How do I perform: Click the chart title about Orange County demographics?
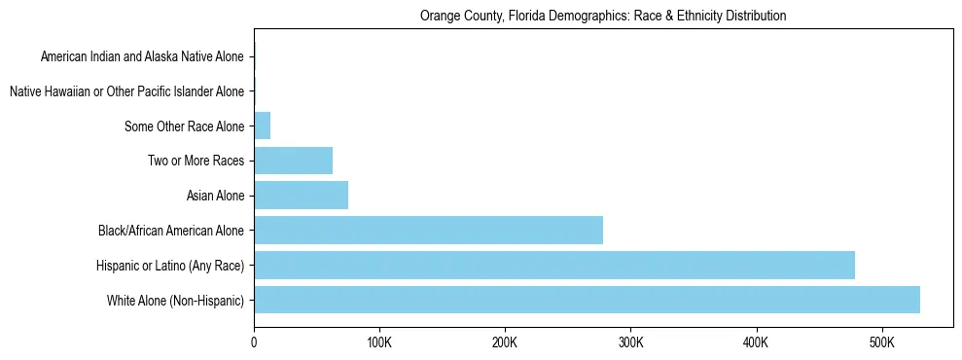602,16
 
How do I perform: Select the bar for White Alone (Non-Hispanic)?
587,300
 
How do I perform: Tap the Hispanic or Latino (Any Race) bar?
554,265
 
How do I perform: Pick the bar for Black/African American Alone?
428,231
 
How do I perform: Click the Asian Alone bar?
301,196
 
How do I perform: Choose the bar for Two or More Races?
293,161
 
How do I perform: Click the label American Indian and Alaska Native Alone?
142,56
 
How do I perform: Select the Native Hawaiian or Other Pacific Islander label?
126,91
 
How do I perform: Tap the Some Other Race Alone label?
184,126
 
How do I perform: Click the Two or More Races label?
196,161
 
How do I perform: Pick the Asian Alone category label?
215,196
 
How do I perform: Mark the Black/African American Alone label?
171,231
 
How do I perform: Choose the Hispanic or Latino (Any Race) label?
170,265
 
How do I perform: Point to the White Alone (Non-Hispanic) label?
176,300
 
